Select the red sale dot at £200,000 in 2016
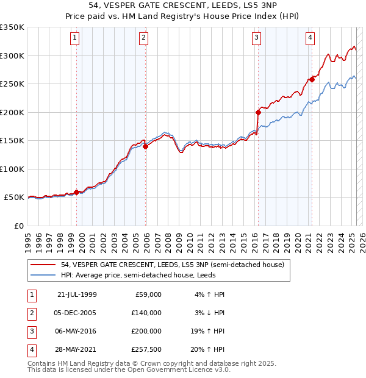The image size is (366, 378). (258, 112)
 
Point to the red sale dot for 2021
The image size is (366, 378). (312, 79)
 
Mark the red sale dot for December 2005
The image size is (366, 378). (145, 146)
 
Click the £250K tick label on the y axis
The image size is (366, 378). (12, 84)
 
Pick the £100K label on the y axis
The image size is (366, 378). (12, 169)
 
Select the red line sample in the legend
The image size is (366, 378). (43, 265)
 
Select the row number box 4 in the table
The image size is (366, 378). (30, 349)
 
